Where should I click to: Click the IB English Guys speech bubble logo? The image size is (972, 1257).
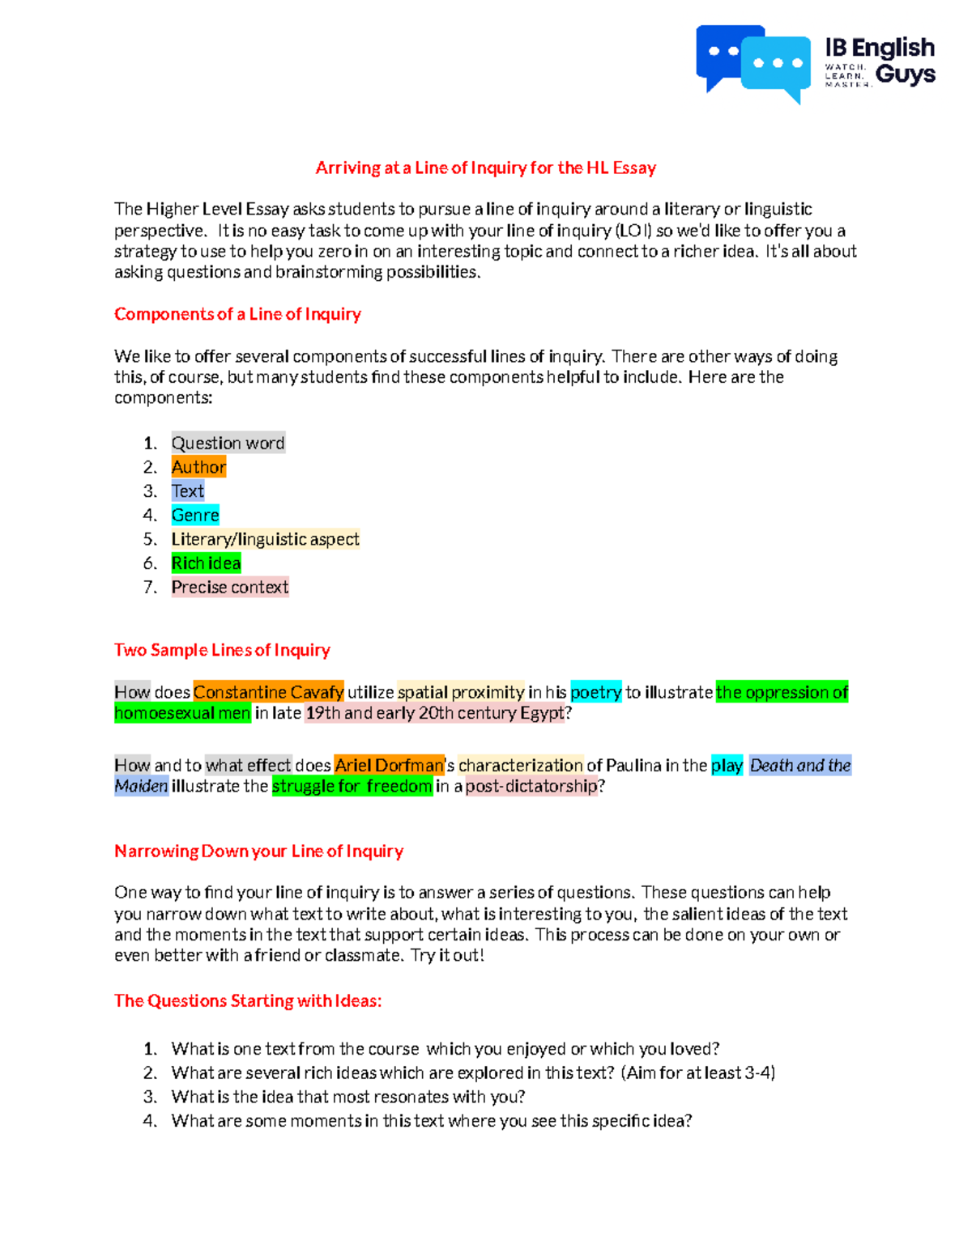[x=752, y=63]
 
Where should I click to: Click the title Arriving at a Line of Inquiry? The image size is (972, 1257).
[x=485, y=168]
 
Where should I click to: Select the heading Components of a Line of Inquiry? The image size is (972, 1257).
[x=237, y=314]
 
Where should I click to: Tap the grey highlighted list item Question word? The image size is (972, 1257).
[x=228, y=444]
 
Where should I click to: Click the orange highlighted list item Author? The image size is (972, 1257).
[x=198, y=467]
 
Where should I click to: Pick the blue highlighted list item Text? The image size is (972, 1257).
[x=187, y=491]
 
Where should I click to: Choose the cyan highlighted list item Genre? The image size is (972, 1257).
[x=195, y=516]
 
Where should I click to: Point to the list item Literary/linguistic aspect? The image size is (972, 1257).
[x=265, y=539]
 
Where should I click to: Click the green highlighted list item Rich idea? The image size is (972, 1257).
[x=206, y=563]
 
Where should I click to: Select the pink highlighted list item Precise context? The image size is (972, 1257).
[x=229, y=588]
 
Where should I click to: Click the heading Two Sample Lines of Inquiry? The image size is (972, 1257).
[x=222, y=650]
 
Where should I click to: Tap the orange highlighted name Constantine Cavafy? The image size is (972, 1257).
[x=268, y=693]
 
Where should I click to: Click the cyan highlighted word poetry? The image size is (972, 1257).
[x=595, y=693]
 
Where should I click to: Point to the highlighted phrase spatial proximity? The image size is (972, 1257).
[x=460, y=693]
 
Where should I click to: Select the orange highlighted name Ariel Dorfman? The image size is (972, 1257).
[x=389, y=766]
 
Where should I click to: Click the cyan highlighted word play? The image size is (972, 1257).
[x=727, y=766]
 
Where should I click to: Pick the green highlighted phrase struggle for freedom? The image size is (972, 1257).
[x=352, y=787]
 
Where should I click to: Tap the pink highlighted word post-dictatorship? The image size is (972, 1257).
[x=531, y=787]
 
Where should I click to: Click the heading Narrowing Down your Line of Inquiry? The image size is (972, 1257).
[x=258, y=851]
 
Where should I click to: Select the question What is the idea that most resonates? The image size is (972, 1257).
[x=348, y=1098]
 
